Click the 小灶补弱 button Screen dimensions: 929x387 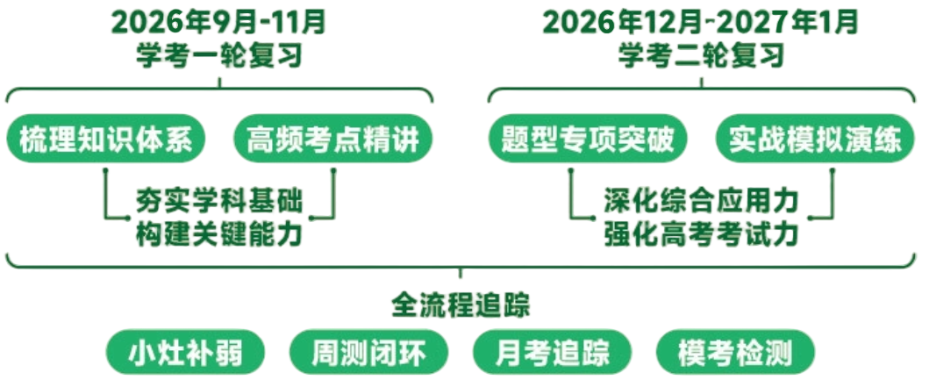click(185, 354)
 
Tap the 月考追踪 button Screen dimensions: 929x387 click(552, 354)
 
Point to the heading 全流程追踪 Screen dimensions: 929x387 click(461, 305)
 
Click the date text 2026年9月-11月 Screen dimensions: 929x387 click(219, 24)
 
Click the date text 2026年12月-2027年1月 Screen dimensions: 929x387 click(701, 24)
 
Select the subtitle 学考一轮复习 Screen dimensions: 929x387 click(220, 56)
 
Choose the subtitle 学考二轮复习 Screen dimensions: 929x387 click(702, 56)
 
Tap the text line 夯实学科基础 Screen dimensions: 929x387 click(219, 202)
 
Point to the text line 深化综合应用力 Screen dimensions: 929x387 click(702, 202)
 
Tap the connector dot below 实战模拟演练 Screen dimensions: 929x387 click(833, 170)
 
